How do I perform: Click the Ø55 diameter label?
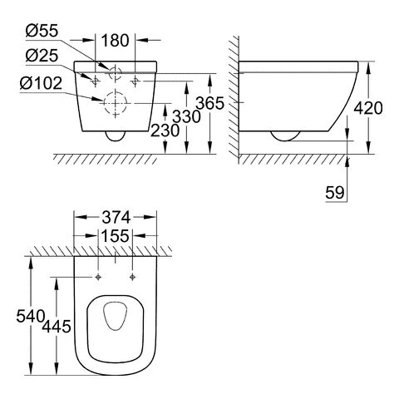tap(42, 31)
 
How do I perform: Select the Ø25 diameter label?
tap(42, 56)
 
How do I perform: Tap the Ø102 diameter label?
tap(41, 83)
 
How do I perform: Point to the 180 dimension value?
tap(115, 41)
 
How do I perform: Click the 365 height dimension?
tap(209, 103)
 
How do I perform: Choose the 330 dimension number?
tap(186, 116)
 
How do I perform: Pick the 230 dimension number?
tap(165, 131)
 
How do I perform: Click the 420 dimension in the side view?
tap(368, 108)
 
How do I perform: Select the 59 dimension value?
tap(335, 193)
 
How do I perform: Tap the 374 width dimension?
tap(116, 217)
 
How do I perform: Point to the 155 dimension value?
tap(115, 236)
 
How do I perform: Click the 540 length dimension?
tap(31, 316)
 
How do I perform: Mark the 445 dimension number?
tap(57, 327)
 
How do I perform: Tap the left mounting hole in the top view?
tap(98, 277)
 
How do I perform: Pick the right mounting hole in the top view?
tap(132, 277)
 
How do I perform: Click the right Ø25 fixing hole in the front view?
tap(135, 81)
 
